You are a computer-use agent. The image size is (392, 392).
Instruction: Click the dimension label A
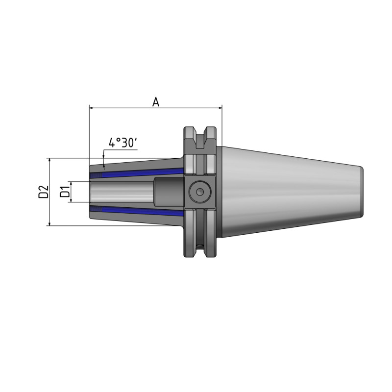click(x=156, y=101)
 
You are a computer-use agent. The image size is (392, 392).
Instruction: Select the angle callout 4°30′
click(x=122, y=143)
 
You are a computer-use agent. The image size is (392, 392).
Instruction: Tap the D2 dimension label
click(x=43, y=192)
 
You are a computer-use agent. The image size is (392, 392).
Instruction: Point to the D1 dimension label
click(x=64, y=192)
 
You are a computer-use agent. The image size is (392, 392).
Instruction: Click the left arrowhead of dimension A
click(x=92, y=107)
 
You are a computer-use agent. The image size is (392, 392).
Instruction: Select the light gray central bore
click(x=122, y=192)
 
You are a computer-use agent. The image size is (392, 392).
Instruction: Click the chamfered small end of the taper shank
click(x=361, y=192)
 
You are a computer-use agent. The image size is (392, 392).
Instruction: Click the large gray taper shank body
click(x=289, y=192)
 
